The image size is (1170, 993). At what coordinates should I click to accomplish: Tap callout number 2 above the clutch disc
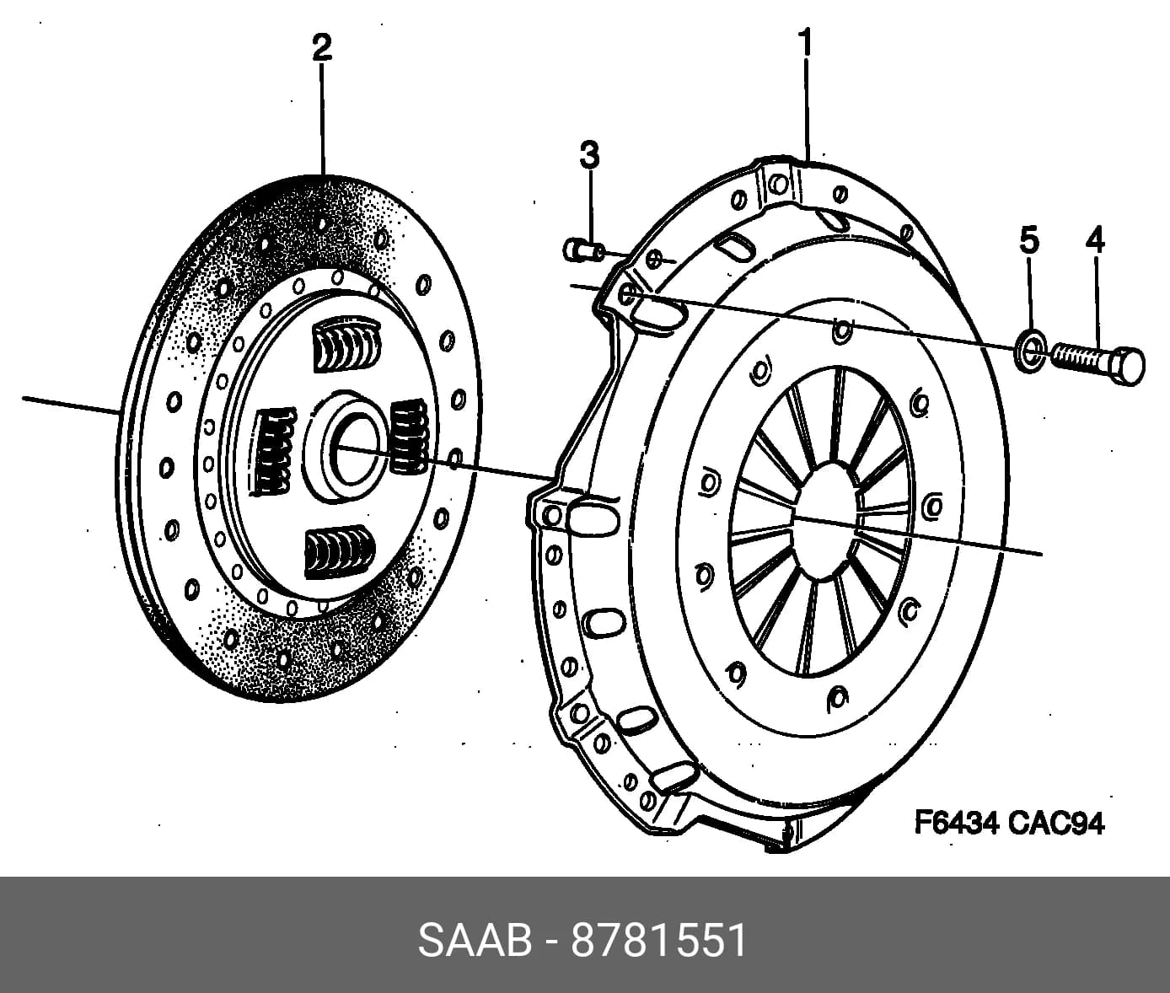(321, 48)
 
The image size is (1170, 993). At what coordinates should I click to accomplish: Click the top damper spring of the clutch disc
(345, 346)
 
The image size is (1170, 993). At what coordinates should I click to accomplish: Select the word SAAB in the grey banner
(475, 941)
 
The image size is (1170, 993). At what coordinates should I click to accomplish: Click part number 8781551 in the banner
(659, 941)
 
